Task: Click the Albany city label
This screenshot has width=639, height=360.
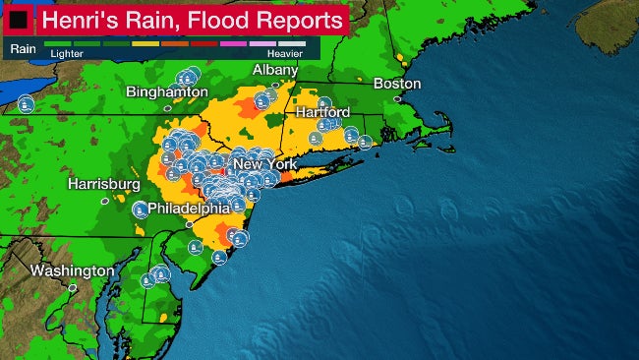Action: [274, 70]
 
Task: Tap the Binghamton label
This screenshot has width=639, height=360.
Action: [167, 91]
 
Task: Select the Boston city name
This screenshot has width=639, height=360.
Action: [397, 84]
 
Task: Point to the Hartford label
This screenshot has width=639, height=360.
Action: [322, 113]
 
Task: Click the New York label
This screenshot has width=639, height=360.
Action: [265, 164]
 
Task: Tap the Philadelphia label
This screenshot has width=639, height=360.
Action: [188, 208]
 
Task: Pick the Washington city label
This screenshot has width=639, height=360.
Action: [72, 270]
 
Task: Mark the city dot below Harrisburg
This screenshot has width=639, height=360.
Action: [105, 200]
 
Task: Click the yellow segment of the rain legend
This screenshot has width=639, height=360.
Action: [145, 44]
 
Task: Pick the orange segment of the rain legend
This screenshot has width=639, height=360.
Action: [175, 44]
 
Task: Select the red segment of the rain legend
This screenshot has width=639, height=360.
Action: [204, 44]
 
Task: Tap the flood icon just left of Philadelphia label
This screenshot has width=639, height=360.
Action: [141, 209]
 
